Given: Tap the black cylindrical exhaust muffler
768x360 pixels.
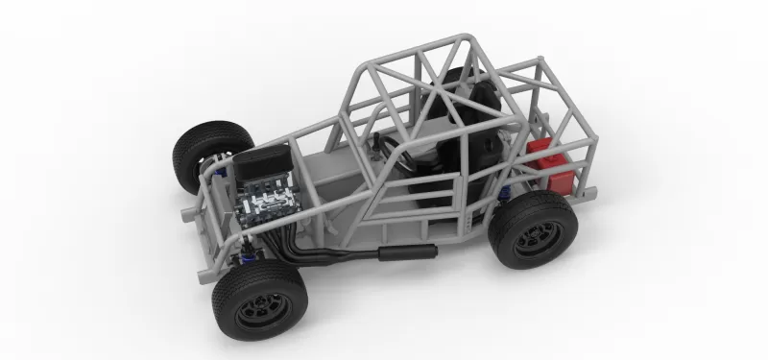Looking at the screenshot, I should tap(407, 252).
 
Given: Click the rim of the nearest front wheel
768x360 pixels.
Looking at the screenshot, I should tap(261, 309).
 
